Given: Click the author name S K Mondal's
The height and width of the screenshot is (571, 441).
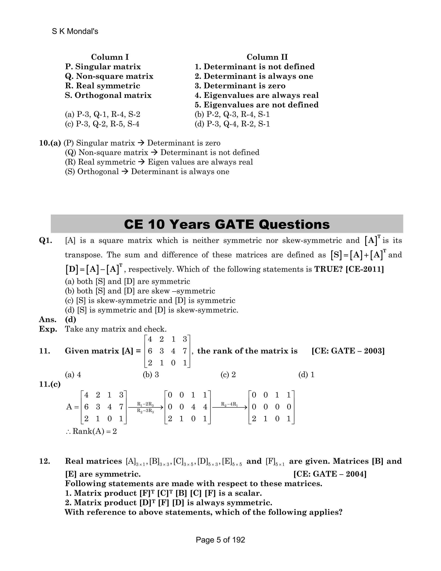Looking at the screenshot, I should click(x=75, y=31).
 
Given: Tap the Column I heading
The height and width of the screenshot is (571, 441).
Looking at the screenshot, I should click(x=110, y=57).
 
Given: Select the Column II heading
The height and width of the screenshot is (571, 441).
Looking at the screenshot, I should click(x=267, y=57).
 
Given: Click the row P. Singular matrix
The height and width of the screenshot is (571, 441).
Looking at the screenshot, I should click(x=103, y=67).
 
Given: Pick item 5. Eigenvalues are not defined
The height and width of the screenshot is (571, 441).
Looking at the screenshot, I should click(x=256, y=105).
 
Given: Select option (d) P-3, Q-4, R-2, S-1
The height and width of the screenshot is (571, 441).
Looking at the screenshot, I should click(x=232, y=124).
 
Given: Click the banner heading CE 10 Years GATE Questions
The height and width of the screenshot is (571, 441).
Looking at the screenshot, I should click(x=227, y=224).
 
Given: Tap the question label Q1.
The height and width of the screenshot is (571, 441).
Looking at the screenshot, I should click(x=45, y=240).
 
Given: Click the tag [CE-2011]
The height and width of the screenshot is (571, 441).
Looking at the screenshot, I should click(x=365, y=269).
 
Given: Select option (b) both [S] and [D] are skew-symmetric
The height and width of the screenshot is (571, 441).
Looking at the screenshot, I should click(x=140, y=291).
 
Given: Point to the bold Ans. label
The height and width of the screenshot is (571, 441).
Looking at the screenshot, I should click(x=48, y=320).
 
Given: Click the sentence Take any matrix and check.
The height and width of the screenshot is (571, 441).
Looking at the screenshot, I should click(x=115, y=329).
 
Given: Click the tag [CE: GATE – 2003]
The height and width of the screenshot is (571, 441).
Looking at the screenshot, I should click(x=348, y=351).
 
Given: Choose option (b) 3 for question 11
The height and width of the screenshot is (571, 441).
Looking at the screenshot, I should click(x=151, y=375).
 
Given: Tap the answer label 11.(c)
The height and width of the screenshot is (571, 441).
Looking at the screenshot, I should click(x=50, y=384).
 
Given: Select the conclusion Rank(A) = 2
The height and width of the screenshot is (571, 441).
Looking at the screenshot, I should click(x=92, y=431).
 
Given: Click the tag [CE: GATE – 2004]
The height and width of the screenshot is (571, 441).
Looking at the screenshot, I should click(x=330, y=474).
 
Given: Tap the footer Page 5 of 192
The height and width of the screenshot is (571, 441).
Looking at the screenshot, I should click(x=220, y=540).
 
